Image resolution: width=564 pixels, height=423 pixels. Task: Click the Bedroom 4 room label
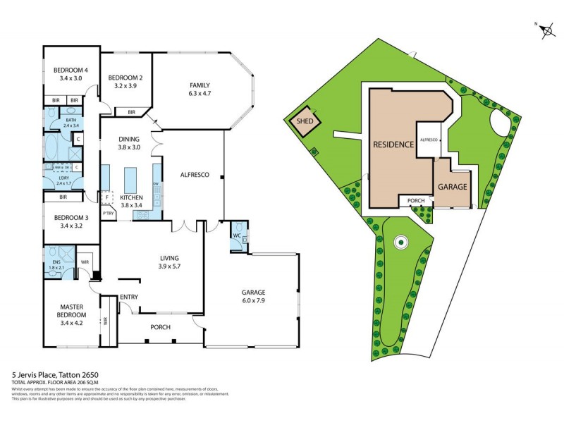pos(71,70)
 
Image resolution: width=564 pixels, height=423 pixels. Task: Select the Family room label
pos(200,84)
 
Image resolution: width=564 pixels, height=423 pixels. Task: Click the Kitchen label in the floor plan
pos(132,197)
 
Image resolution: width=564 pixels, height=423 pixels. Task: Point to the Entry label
pos(128,297)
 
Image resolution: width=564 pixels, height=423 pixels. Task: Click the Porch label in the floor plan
pos(161,326)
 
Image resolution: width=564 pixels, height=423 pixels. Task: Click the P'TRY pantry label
pos(108,213)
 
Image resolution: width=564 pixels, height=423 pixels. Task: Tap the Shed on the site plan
pos(305,121)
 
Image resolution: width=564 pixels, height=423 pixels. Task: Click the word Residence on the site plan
pos(393,144)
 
